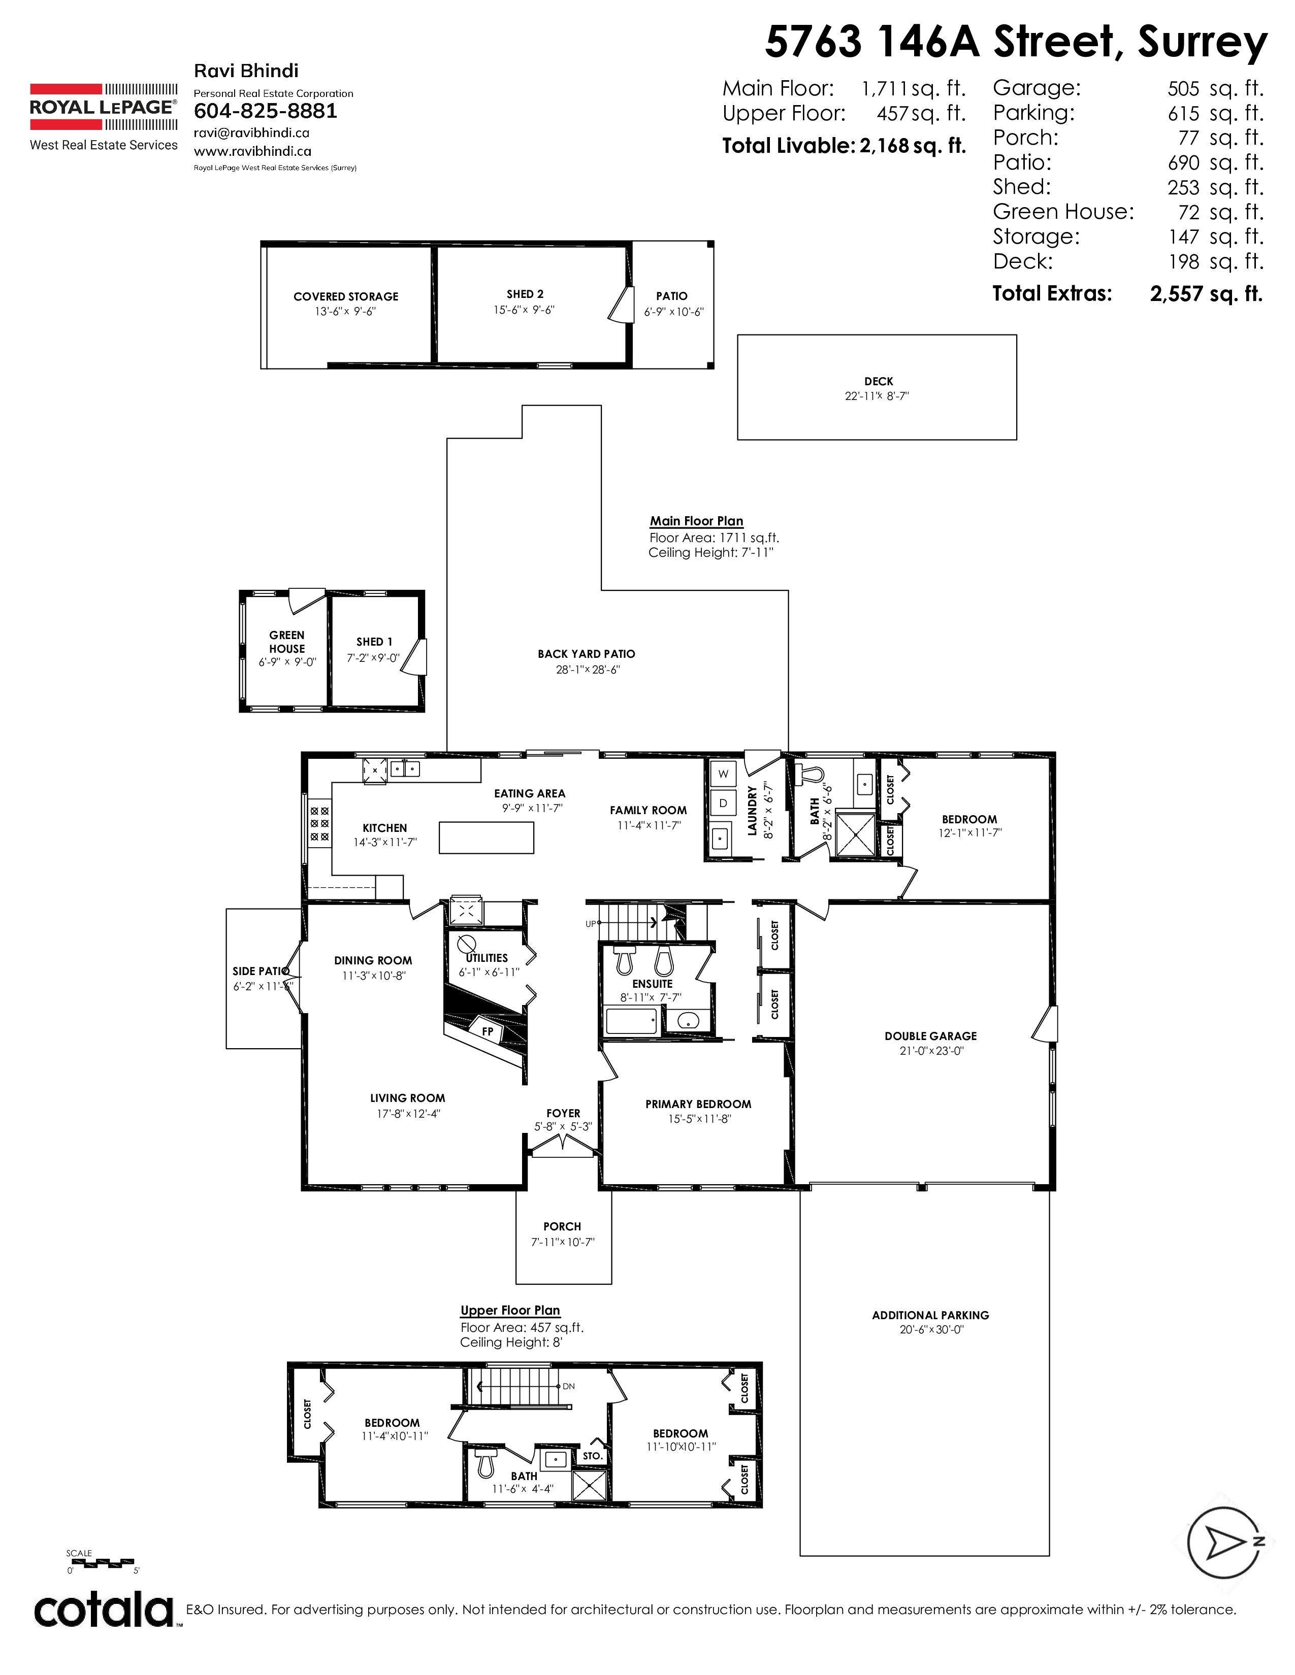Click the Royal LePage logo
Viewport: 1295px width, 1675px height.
104,117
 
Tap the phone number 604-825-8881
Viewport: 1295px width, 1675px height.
266,111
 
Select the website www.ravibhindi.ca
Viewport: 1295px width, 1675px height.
252,151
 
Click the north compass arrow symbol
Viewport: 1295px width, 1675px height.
1224,1543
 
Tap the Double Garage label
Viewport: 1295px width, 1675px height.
930,1036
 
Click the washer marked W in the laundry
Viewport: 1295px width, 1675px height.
723,774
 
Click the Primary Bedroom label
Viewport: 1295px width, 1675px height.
698,1104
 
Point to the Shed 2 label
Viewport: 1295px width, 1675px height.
525,294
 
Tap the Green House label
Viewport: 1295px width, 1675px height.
287,642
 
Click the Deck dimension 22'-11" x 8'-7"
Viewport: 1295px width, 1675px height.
877,396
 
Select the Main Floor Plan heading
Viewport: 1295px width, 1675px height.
697,521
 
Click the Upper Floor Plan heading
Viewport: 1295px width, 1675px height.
510,1310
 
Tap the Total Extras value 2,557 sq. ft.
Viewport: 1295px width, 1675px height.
1206,294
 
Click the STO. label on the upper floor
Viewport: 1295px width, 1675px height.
592,1456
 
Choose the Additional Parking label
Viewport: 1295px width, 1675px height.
930,1315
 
